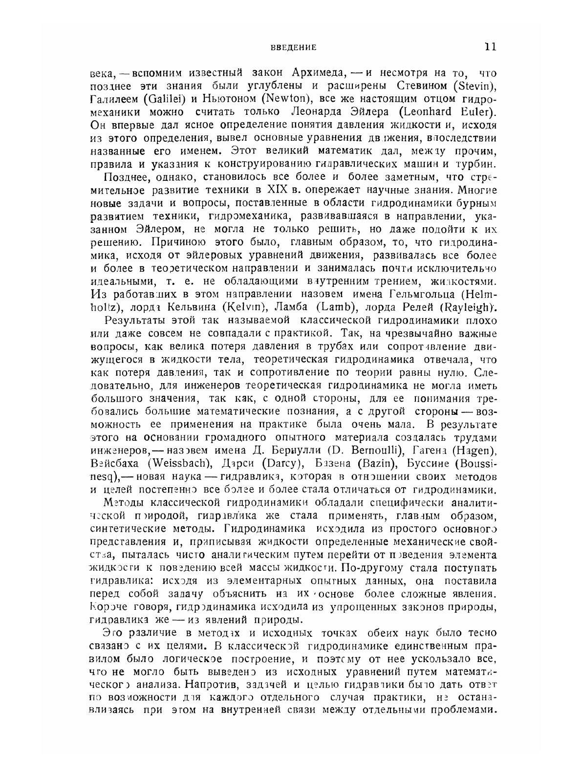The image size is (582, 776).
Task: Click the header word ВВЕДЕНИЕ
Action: pos(294,47)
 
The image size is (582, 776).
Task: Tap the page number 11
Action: pos(490,47)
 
